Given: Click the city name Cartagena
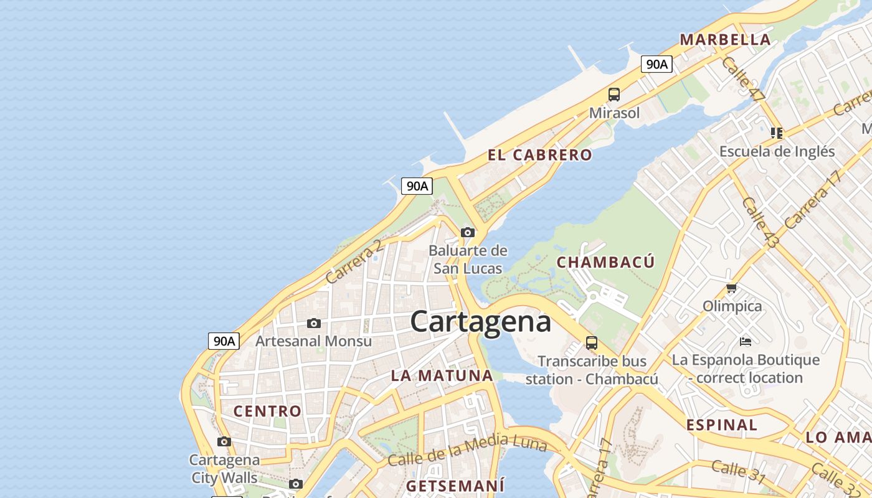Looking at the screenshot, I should click(480, 322).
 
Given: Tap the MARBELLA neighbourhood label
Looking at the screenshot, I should click(725, 40).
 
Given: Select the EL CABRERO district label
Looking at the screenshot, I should click(539, 155).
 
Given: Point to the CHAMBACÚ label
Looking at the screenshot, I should click(605, 262).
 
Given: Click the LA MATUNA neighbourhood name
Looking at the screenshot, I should click(442, 375).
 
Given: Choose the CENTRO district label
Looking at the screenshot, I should click(267, 411).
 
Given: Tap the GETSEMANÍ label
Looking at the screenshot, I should click(455, 485).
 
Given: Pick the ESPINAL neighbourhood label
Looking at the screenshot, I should click(721, 425).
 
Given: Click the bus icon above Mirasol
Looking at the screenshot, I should click(614, 95).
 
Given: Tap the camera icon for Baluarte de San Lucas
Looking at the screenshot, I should click(468, 233).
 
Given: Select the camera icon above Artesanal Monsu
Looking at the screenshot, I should click(314, 323).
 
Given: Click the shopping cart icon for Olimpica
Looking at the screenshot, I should click(732, 288).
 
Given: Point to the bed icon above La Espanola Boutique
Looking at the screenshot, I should click(746, 341).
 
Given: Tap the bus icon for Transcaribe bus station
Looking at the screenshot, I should click(591, 342).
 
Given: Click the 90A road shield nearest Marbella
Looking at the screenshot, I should click(656, 64).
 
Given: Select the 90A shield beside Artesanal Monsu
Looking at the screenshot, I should click(224, 341).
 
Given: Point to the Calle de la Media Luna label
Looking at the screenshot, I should click(467, 451).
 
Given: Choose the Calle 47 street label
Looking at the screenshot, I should click(742, 79).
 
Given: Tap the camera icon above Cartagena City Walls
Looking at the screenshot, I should click(224, 441).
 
